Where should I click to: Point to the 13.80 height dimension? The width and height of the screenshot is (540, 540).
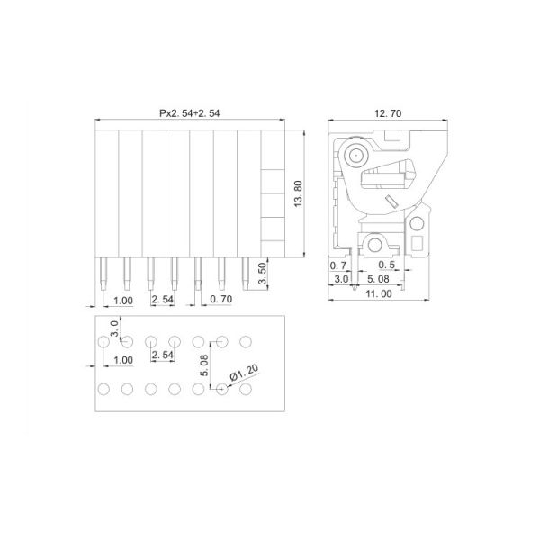301,193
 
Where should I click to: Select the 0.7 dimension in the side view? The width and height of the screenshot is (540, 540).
338,266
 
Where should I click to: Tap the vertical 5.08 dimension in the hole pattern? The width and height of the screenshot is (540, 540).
205,364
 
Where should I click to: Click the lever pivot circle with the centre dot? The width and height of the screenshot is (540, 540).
354,155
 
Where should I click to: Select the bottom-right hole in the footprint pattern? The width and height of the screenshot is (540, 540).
246,389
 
